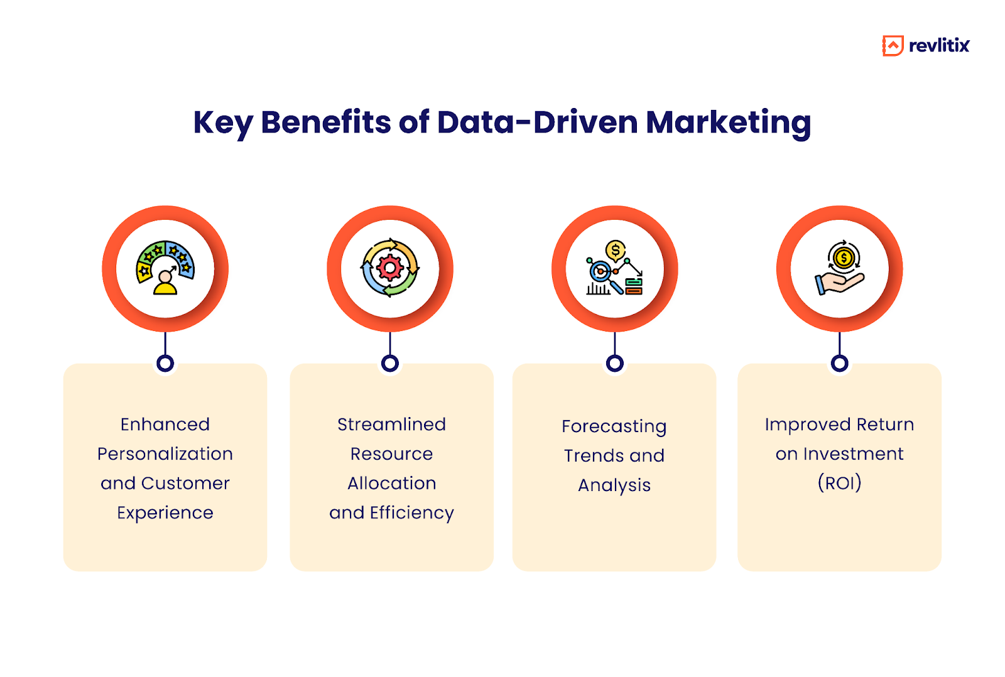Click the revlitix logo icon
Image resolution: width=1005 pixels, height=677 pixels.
(x=893, y=46)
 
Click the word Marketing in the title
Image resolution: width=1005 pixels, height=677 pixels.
(x=728, y=122)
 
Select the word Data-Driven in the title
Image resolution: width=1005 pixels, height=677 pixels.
(x=538, y=122)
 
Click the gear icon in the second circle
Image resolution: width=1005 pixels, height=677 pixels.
(x=390, y=269)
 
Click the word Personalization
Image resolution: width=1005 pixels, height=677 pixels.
(x=165, y=453)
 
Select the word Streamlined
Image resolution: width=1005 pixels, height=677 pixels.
(x=391, y=425)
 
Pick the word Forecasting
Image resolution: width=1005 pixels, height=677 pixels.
(x=614, y=426)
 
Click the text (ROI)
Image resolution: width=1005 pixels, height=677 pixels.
(x=839, y=483)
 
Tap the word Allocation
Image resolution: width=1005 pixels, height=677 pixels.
(x=391, y=483)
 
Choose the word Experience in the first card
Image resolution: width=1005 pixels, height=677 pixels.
(x=165, y=513)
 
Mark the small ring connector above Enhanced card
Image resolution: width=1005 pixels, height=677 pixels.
(x=165, y=363)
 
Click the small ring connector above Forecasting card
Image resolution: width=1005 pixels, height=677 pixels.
(x=615, y=363)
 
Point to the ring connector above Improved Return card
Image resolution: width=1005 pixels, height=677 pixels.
(x=839, y=363)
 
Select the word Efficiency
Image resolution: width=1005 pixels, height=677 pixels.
(x=411, y=513)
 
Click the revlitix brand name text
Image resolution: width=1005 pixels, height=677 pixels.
(x=939, y=46)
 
